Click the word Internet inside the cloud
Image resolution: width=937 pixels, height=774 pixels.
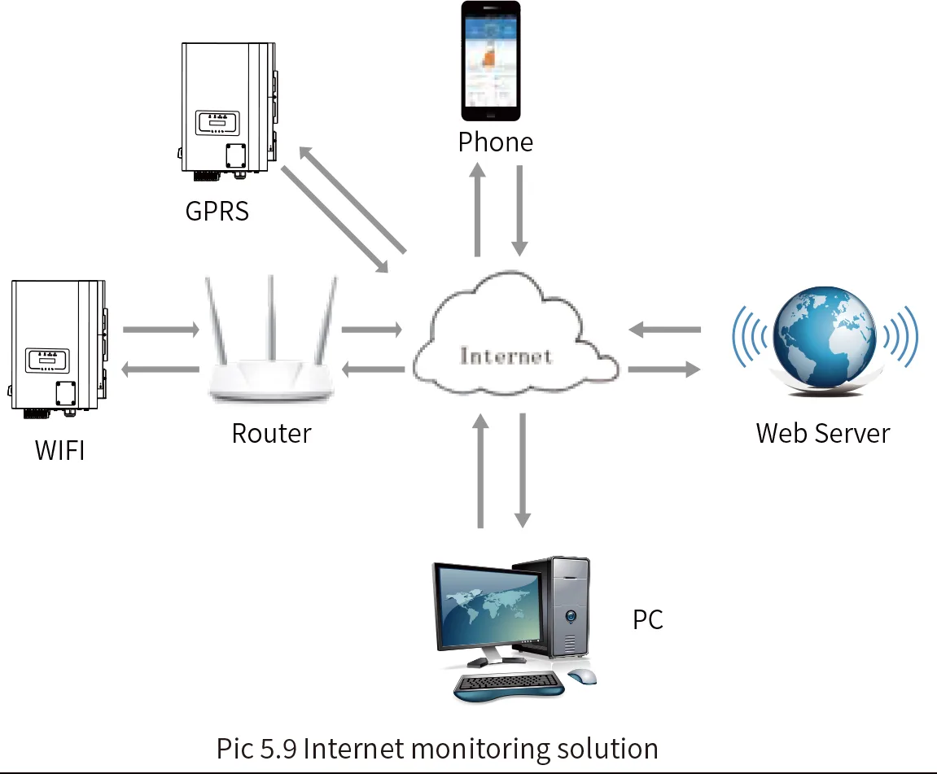pos(506,356)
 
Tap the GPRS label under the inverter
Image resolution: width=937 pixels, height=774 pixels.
pos(217,212)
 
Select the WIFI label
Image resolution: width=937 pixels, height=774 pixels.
pos(59,449)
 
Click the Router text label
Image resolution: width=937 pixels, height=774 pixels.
pos(271,433)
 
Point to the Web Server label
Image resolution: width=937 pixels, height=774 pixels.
pos(822,433)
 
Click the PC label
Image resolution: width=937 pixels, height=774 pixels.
pos(648,620)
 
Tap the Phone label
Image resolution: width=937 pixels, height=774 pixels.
pos(495,142)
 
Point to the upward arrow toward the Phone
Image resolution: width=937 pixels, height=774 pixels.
pos(479,208)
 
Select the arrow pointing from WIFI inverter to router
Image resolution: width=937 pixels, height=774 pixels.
pos(160,330)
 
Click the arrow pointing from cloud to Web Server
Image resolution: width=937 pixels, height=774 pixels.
pos(663,370)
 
